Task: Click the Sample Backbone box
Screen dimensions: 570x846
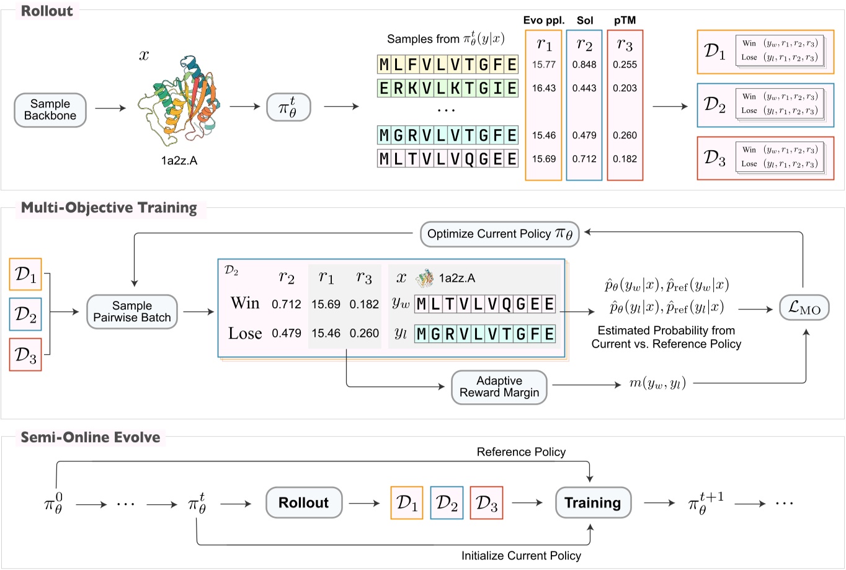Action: pyautogui.click(x=50, y=110)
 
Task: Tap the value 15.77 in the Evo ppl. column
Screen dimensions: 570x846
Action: pyautogui.click(x=543, y=65)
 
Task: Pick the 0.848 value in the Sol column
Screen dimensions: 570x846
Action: pyautogui.click(x=584, y=65)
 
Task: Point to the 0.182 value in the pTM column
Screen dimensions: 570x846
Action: pyautogui.click(x=625, y=159)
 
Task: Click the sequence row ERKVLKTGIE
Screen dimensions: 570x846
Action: pyautogui.click(x=447, y=88)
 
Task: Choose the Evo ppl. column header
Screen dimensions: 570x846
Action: pyautogui.click(x=543, y=20)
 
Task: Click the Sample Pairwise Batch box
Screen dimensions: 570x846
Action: pyautogui.click(x=131, y=311)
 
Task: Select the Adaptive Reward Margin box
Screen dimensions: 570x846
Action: pyautogui.click(x=499, y=387)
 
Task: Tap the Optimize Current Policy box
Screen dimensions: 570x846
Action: pyautogui.click(x=499, y=234)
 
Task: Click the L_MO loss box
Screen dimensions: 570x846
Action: pyautogui.click(x=804, y=308)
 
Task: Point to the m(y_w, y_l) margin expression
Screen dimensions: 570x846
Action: pyautogui.click(x=657, y=384)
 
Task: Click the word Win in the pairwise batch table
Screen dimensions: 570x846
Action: pyautogui.click(x=245, y=303)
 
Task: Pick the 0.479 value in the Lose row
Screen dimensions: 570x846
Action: pyautogui.click(x=286, y=334)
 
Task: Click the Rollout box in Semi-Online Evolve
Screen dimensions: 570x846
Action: pyautogui.click(x=303, y=503)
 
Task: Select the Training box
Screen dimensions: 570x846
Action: pyautogui.click(x=592, y=503)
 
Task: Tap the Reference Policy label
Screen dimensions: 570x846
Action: pyautogui.click(x=520, y=452)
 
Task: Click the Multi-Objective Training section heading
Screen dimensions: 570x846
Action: pyautogui.click(x=109, y=208)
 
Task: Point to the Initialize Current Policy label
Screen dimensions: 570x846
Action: pyautogui.click(x=521, y=556)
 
